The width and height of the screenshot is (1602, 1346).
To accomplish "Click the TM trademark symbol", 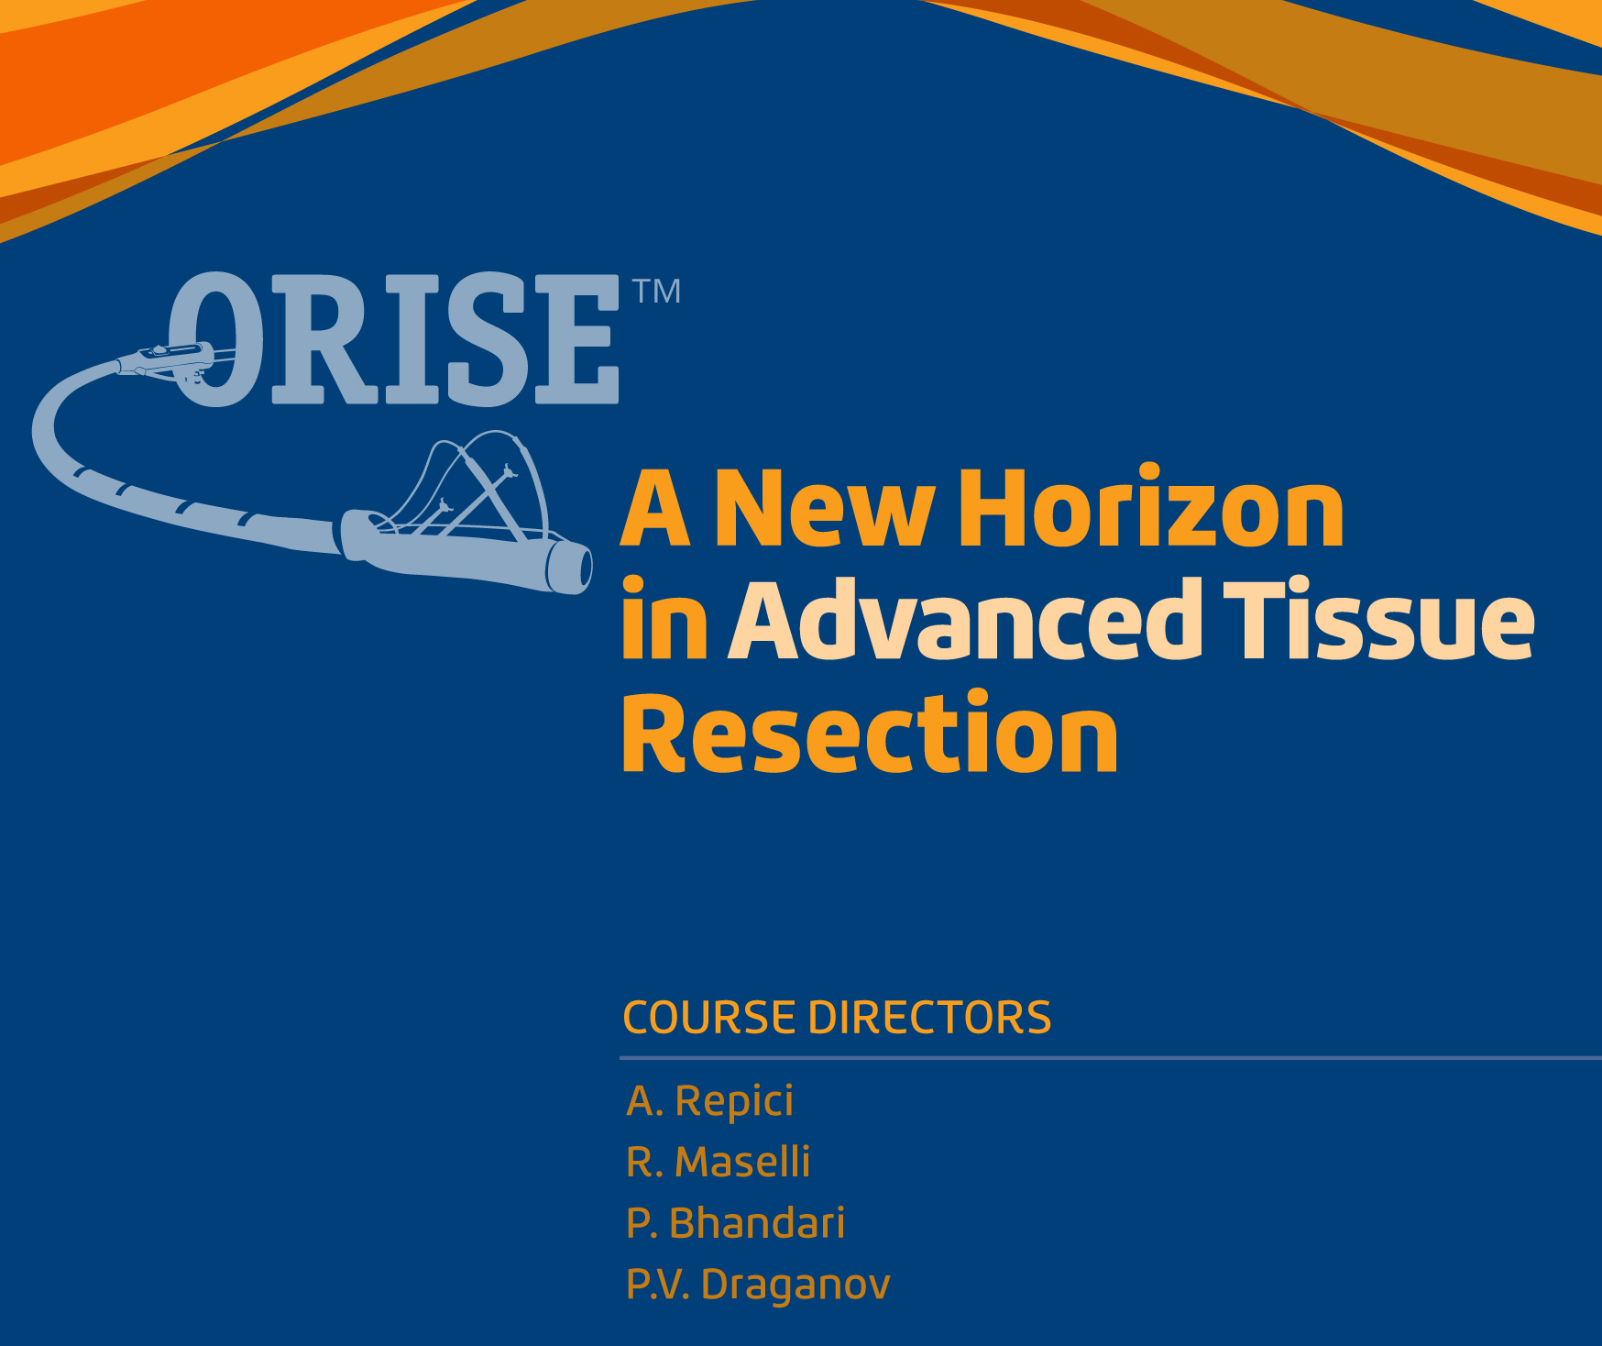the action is pyautogui.click(x=656, y=291).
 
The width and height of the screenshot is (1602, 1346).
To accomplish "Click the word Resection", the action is pyautogui.click(x=870, y=733).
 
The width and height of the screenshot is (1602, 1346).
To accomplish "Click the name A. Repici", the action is pyautogui.click(x=710, y=1101).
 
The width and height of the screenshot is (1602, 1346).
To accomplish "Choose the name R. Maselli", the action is pyautogui.click(x=719, y=1162).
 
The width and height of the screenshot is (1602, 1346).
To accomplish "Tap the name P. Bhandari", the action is pyautogui.click(x=736, y=1223).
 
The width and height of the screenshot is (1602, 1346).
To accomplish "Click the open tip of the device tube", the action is pyautogui.click(x=576, y=568).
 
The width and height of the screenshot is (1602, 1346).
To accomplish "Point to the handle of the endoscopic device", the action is pyautogui.click(x=170, y=359).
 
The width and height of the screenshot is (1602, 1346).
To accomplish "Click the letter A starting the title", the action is pyautogui.click(x=656, y=509).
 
